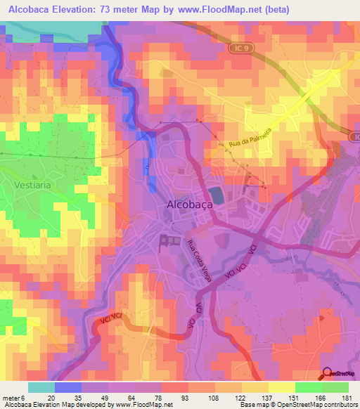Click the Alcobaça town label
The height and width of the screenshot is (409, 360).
click(191, 204)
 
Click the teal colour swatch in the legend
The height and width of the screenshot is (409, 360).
click(41, 387)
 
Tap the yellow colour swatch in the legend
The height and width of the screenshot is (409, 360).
click(282, 387)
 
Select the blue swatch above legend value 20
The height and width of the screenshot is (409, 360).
click(68, 387)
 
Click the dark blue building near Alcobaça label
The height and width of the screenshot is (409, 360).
click(216, 195)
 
